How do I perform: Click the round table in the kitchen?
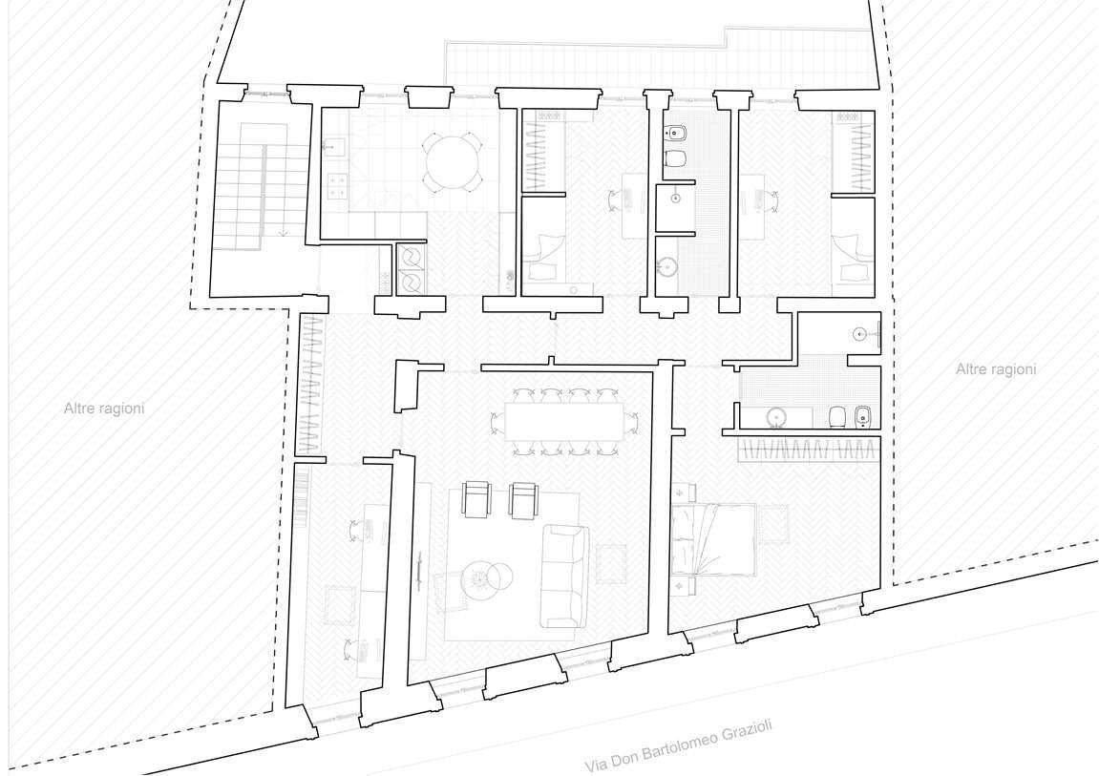point(452,162)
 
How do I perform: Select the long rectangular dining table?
point(563,422)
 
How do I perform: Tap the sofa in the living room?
point(564,577)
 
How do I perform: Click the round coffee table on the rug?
point(481,577)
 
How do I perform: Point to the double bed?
point(714,539)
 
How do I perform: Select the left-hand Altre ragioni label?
point(104,408)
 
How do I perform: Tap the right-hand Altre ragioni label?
point(995,369)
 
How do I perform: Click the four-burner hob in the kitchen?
point(337,184)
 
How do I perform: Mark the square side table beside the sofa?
point(610,564)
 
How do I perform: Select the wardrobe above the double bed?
point(808,449)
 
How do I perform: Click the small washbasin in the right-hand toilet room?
point(861,334)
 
